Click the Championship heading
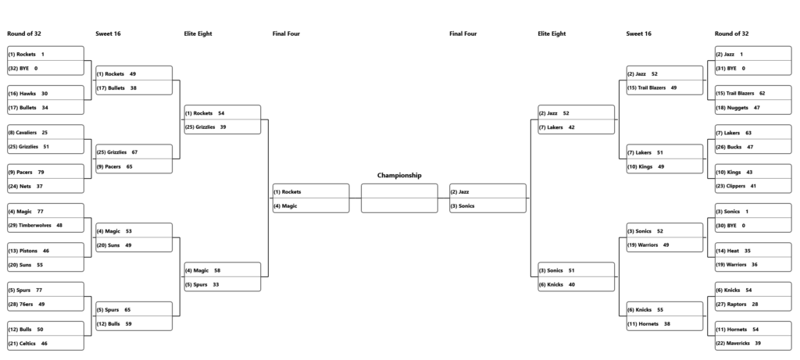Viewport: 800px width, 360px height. tap(399, 176)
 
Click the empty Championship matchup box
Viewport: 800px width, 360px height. tap(399, 198)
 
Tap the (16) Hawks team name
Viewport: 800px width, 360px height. tap(22, 94)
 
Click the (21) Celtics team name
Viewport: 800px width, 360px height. tap(22, 344)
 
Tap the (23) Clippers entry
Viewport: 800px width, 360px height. tap(730, 186)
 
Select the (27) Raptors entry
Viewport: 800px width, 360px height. tap(731, 305)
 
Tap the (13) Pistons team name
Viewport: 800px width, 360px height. tap(23, 251)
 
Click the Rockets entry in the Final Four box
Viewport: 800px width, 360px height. tap(287, 192)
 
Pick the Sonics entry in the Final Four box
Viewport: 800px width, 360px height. tap(462, 206)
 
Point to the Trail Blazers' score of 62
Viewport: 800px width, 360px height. tap(762, 93)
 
